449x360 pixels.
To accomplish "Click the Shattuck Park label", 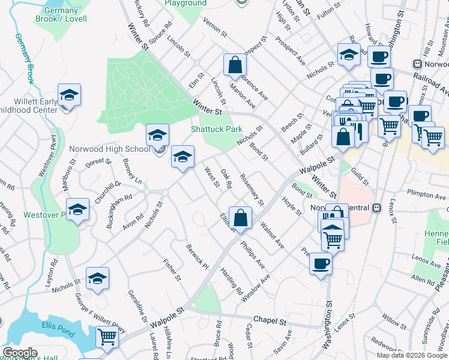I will tap(216, 129).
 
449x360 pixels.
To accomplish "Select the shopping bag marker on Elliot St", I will tap(240, 219).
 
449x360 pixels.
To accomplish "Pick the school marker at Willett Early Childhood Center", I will tap(70, 96).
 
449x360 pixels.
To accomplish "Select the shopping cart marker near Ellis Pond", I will tap(107, 337).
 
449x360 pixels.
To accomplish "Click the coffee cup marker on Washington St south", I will tap(321, 263).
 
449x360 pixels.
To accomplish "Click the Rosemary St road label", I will tap(252, 189).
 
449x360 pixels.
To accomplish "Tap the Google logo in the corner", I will tap(19, 353).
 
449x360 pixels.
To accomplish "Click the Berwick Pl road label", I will tap(196, 257).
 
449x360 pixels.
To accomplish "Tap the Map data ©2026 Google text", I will tap(412, 355).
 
